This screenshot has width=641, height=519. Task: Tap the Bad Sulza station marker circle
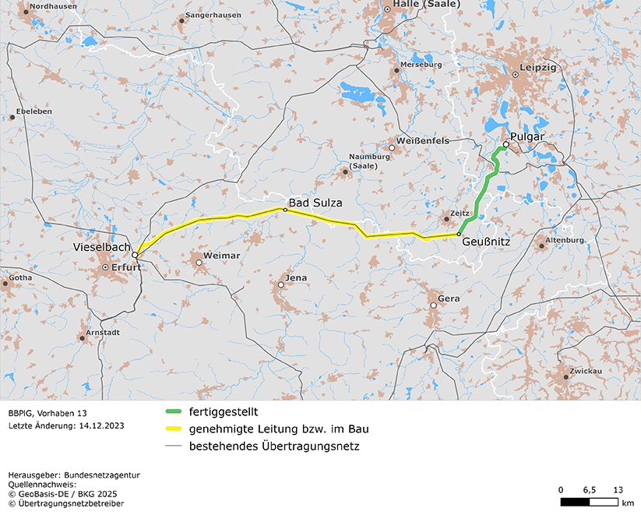285,210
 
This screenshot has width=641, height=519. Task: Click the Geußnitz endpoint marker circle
459,234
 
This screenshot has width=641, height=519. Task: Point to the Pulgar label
527,136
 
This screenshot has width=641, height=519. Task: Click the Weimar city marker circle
199,263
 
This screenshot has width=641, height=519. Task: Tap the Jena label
296,277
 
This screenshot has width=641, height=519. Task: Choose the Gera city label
449,298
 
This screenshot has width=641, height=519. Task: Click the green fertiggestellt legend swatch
173,411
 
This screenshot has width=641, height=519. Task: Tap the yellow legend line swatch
173,429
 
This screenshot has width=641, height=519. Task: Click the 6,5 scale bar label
589,489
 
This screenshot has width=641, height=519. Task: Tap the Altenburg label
565,240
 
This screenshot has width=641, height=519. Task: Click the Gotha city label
21,277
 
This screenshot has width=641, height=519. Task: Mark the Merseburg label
421,64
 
